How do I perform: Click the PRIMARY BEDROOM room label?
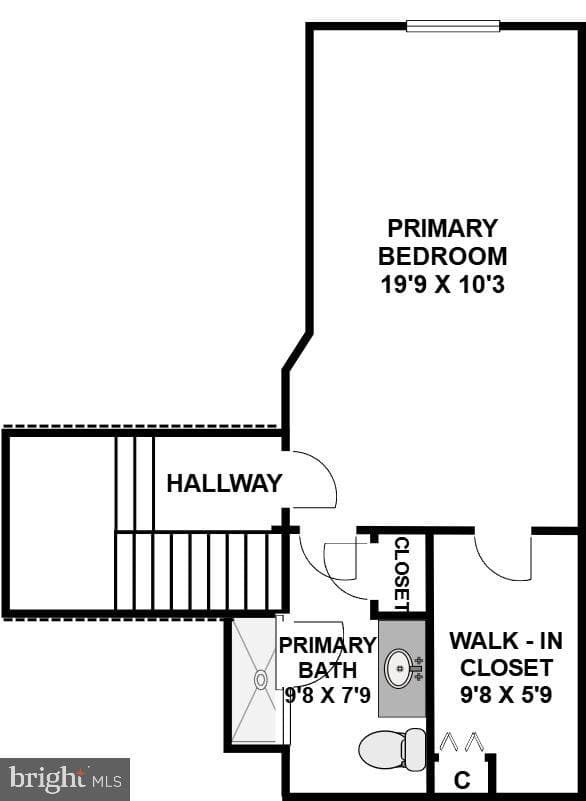pyautogui.click(x=442, y=242)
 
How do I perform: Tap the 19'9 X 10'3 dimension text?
pyautogui.click(x=442, y=284)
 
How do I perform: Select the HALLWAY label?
pyautogui.click(x=224, y=483)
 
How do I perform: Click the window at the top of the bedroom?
pyautogui.click(x=453, y=26)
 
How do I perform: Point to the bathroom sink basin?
pyautogui.click(x=399, y=668)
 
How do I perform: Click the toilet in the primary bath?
pyautogui.click(x=392, y=750)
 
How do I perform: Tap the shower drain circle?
pyautogui.click(x=261, y=680)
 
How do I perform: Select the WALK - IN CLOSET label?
pyautogui.click(x=506, y=654)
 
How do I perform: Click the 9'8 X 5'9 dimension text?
pyautogui.click(x=506, y=695)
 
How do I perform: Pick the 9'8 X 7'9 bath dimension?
pyautogui.click(x=327, y=695)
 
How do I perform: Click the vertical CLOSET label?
pyautogui.click(x=402, y=574)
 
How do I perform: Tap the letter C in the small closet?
pyautogui.click(x=462, y=781)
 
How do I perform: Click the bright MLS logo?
pyautogui.click(x=65, y=780)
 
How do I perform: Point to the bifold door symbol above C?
pyautogui.click(x=462, y=742)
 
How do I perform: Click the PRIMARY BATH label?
pyautogui.click(x=327, y=657)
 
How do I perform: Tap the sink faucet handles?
pyautogui.click(x=418, y=668)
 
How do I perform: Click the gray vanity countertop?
pyautogui.click(x=402, y=669)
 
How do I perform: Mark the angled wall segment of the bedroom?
pyautogui.click(x=297, y=351)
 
